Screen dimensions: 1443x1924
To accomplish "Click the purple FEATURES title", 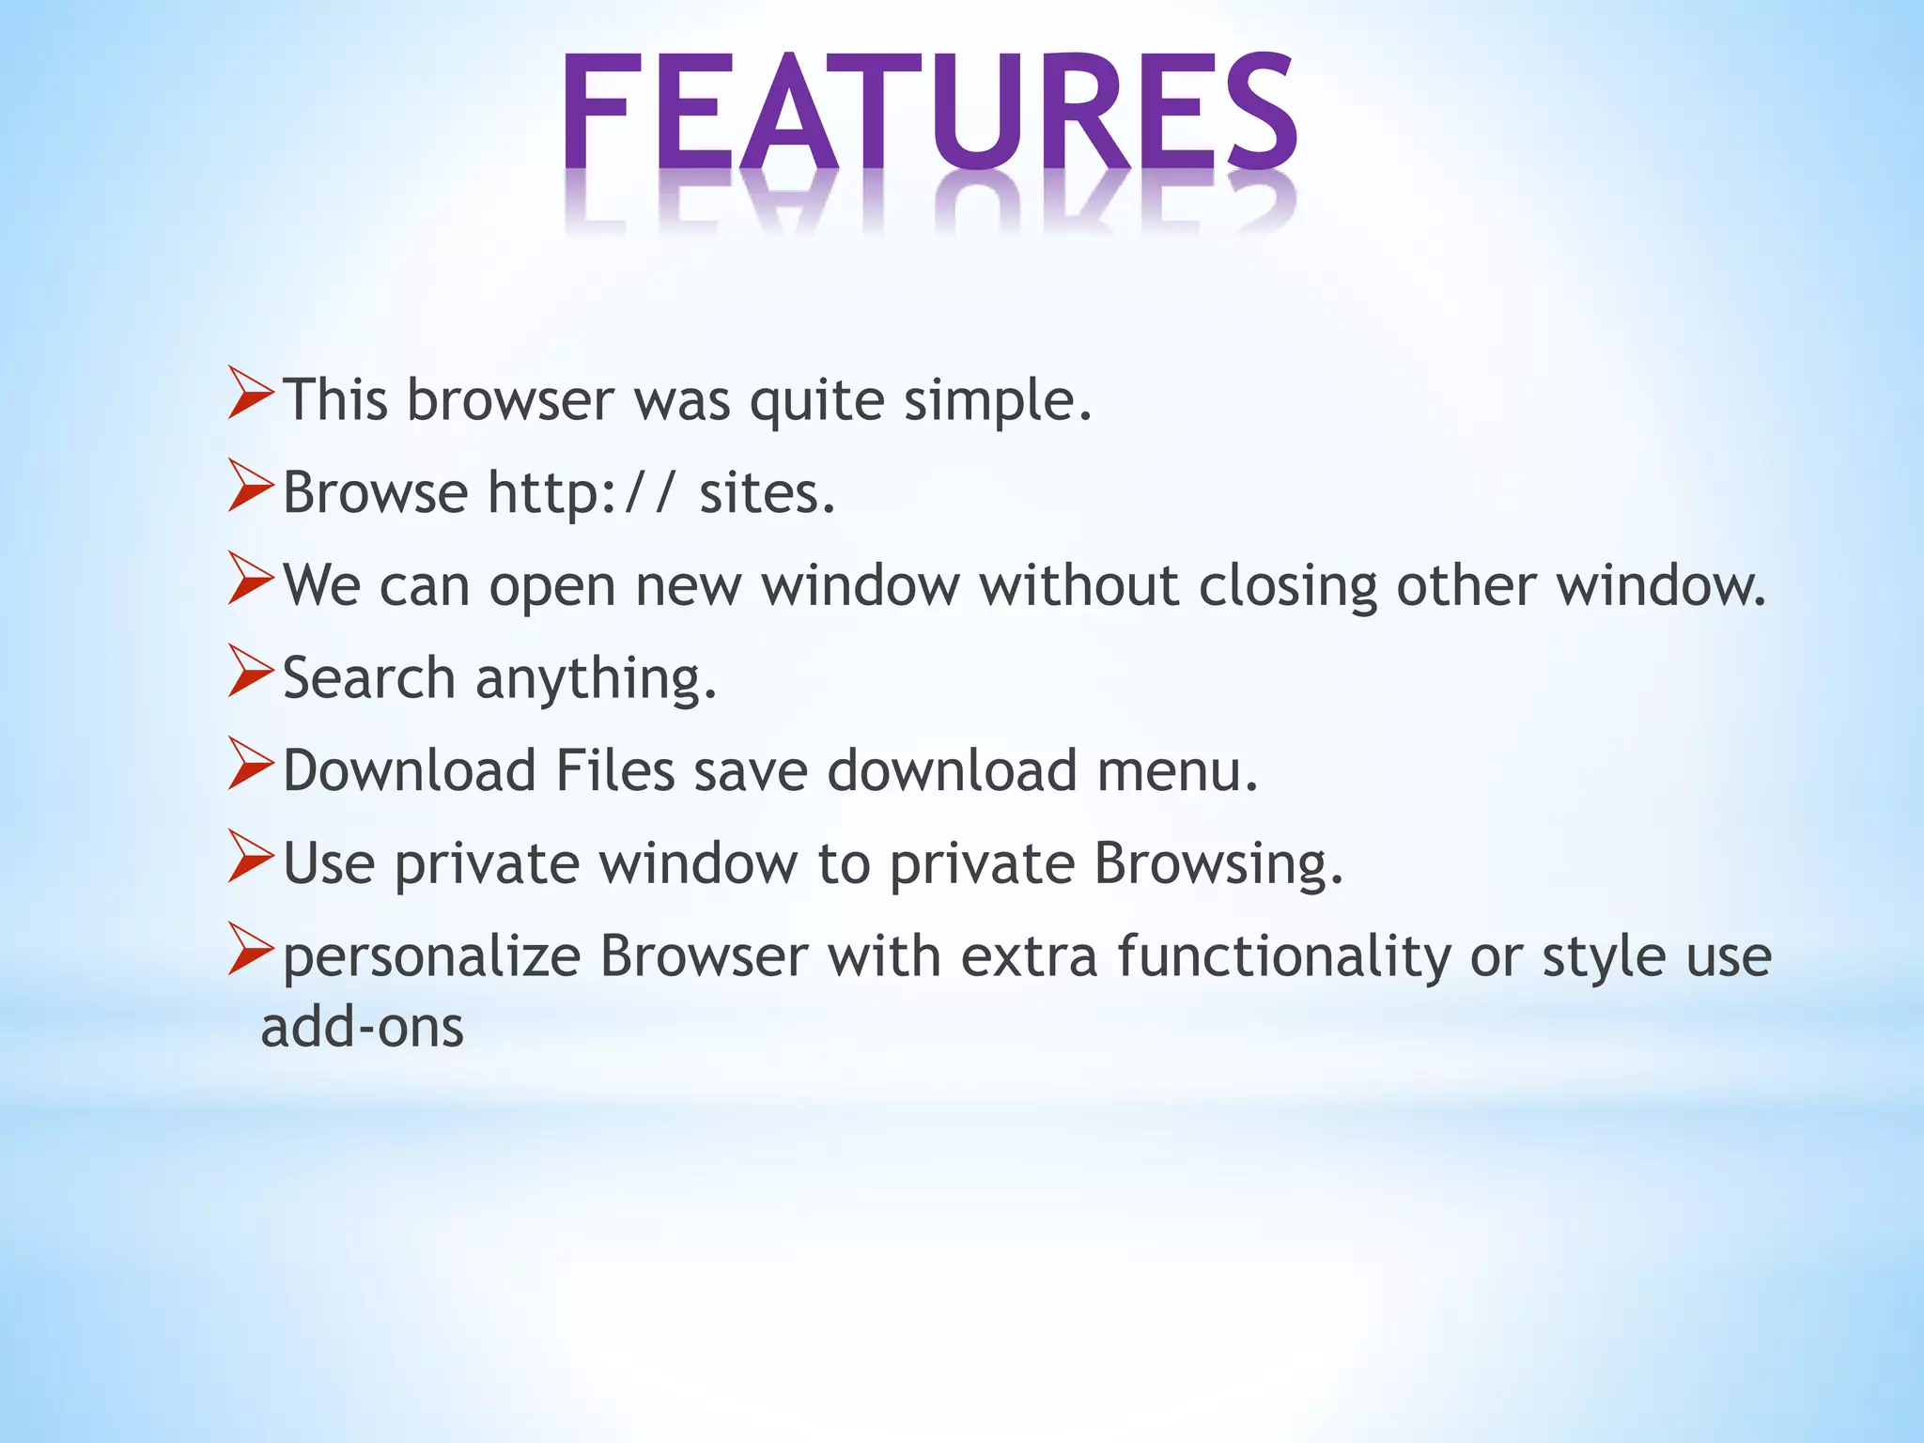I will [x=930, y=113].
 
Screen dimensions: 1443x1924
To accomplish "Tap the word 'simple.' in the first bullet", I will [x=998, y=401].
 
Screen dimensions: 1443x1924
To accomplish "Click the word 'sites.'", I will [x=767, y=493].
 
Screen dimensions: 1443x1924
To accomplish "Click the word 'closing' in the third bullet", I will [x=1287, y=586].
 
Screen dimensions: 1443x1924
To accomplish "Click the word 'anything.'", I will [x=597, y=680].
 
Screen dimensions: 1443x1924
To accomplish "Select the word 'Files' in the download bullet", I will [x=615, y=770].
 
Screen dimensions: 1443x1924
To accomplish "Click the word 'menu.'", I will [x=1177, y=770].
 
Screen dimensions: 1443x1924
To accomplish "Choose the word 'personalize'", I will [x=431, y=957].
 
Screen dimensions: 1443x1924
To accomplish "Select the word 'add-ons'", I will [x=363, y=1027].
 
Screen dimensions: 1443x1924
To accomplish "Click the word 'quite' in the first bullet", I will [x=816, y=401].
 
